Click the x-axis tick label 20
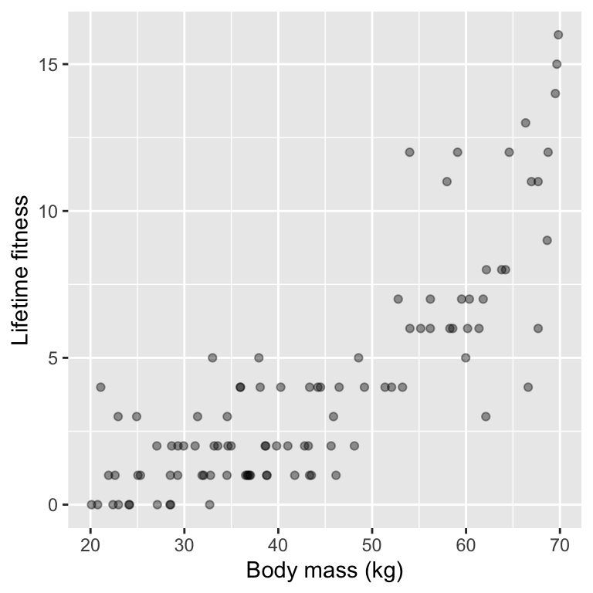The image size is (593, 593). point(90,545)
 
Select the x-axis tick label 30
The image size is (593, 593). point(185,545)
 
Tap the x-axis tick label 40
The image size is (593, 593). point(278,545)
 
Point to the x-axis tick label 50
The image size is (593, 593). point(372,545)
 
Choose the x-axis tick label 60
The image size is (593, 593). point(466,545)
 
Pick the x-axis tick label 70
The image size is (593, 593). point(560,545)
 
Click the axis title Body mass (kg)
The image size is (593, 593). point(325,572)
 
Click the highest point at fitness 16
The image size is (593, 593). point(558,35)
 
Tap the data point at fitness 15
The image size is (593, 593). point(557,64)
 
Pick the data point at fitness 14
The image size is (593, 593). point(555,93)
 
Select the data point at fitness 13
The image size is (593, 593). point(526,123)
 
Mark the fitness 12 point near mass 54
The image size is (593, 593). point(410,152)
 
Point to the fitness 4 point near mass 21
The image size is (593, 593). point(100,387)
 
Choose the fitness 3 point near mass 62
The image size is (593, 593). point(486,416)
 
